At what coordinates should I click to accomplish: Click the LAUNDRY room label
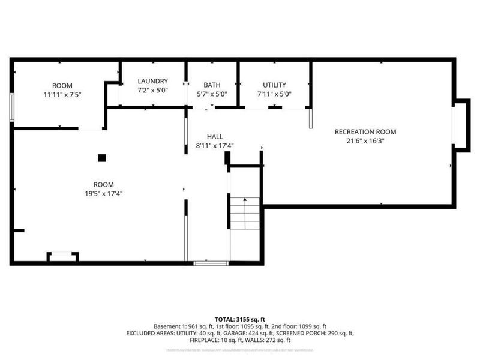(152, 82)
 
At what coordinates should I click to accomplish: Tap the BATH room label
(212, 85)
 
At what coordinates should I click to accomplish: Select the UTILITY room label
(274, 85)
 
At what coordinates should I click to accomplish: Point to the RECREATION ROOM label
(365, 132)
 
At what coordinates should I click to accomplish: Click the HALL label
(215, 136)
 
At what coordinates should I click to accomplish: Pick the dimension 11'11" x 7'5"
(62, 95)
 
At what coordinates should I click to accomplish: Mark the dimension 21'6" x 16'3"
(365, 142)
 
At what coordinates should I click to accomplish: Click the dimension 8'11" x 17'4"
(215, 146)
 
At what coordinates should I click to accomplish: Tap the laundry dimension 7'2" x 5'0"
(152, 91)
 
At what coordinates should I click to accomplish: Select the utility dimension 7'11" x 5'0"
(274, 94)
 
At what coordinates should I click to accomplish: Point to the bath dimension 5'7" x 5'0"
(212, 94)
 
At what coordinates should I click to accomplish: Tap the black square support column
(102, 158)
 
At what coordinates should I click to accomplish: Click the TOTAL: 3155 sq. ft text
(239, 319)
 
